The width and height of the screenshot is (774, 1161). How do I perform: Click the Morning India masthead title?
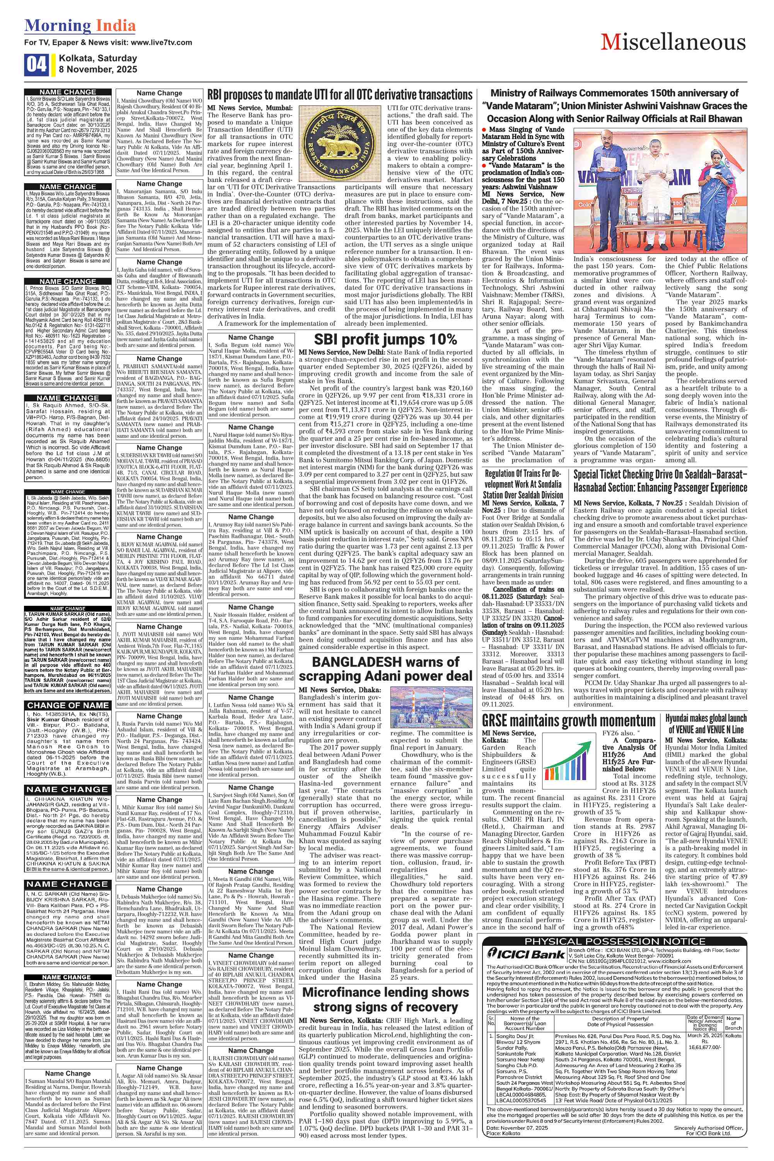80,25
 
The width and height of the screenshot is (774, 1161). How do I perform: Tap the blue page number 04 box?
36,65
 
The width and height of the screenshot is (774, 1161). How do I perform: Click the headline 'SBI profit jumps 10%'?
385,339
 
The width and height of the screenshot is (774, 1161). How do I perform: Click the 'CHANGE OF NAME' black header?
68,705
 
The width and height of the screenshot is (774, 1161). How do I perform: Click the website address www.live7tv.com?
162,42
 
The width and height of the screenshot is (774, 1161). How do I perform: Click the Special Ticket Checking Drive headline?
660,481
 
